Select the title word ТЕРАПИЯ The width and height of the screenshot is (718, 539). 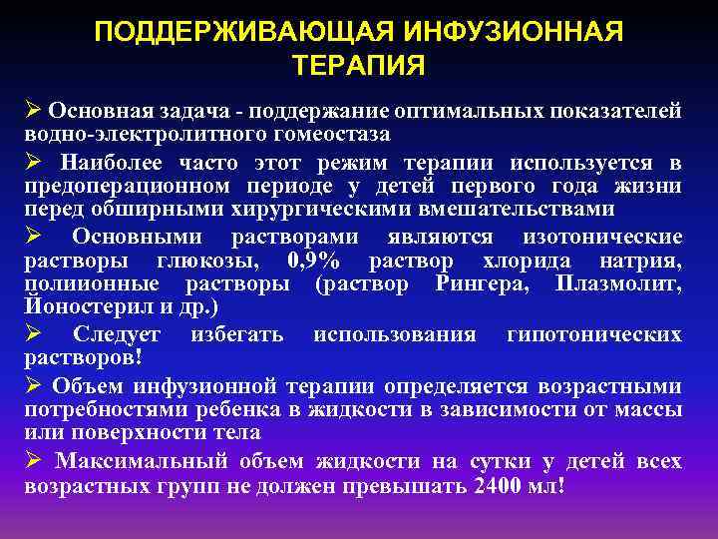pyautogui.click(x=359, y=66)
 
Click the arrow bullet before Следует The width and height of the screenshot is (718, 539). pyautogui.click(x=32, y=334)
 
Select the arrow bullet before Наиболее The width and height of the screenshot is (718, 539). pyautogui.click(x=32, y=162)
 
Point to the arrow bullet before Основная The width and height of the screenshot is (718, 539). pyautogui.click(x=32, y=109)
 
